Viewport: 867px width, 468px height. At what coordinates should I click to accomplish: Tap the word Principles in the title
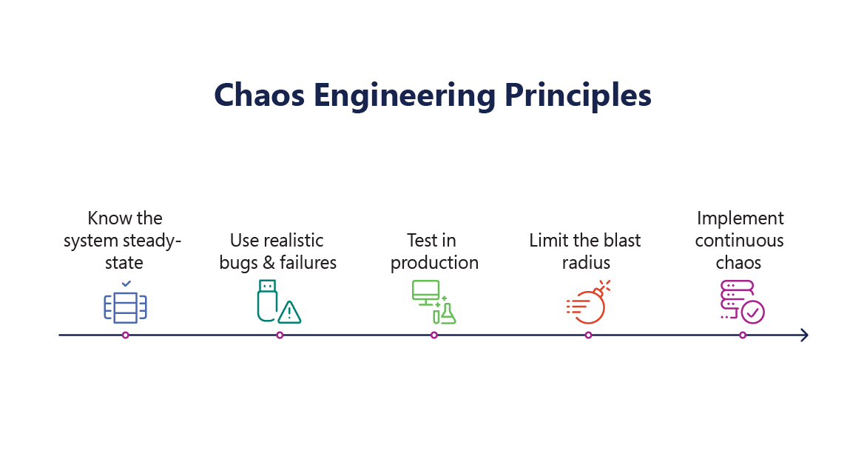click(578, 96)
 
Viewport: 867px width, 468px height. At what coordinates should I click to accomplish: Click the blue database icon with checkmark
click(125, 305)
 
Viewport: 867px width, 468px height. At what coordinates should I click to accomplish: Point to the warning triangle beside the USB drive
click(289, 312)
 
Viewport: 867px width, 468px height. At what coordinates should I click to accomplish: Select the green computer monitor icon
click(425, 293)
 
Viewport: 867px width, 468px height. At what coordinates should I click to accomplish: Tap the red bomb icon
click(589, 305)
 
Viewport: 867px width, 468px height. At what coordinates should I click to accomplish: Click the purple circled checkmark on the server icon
click(753, 312)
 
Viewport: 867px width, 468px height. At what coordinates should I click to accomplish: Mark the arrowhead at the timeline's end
click(804, 335)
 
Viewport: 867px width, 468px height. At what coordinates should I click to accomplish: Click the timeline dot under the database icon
click(125, 335)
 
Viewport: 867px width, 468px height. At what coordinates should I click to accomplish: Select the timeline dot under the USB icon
click(280, 335)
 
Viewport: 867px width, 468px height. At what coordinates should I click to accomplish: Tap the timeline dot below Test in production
click(434, 335)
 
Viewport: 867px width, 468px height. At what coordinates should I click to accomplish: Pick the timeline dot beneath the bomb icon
click(588, 335)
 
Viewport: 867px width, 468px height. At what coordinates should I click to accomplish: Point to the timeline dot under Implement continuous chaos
click(743, 335)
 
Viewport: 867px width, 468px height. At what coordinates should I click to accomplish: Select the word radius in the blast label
click(585, 263)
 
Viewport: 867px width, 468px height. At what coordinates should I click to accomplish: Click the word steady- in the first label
click(155, 241)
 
